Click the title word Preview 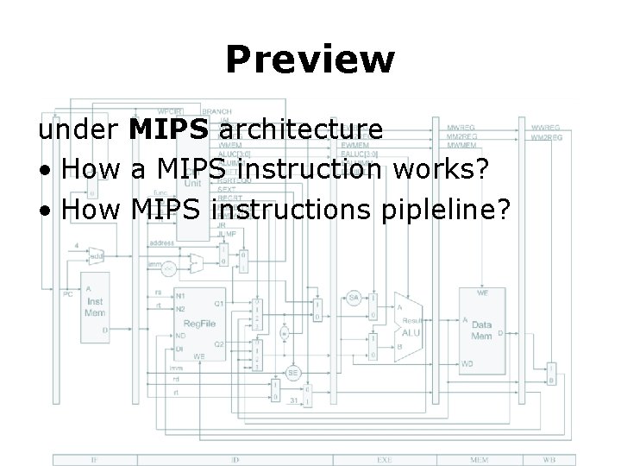click(x=310, y=60)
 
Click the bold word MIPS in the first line click(x=169, y=130)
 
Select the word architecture click(x=302, y=130)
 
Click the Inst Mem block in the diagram click(x=96, y=306)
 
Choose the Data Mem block click(x=481, y=326)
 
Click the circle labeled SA click(x=354, y=298)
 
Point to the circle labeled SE click(x=293, y=372)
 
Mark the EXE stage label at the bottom click(x=384, y=459)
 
